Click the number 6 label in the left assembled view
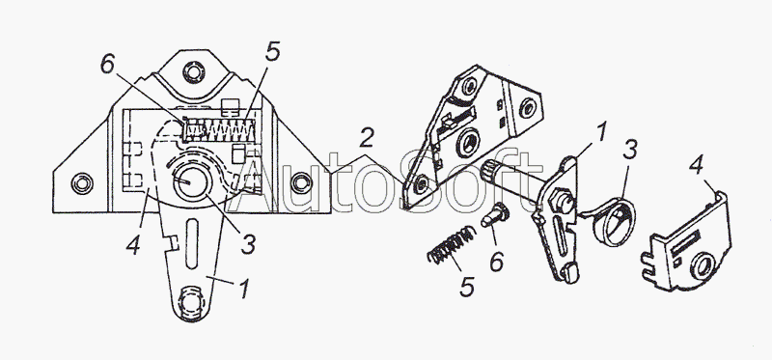109,64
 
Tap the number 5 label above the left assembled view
272,52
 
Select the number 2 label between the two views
366,138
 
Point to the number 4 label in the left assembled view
133,245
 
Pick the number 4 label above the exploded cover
696,166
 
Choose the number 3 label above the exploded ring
631,150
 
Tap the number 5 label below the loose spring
467,286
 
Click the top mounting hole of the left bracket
194,71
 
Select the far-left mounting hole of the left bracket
82,183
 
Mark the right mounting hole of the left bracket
301,183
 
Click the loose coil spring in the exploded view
452,245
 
